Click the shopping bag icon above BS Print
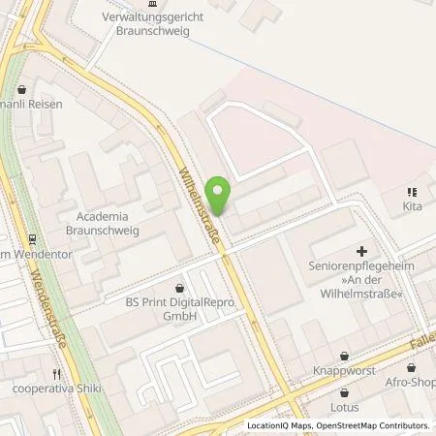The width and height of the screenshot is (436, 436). click(180, 287)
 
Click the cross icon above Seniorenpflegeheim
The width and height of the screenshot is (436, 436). click(361, 252)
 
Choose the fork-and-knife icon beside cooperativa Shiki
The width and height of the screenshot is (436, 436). click(57, 374)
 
